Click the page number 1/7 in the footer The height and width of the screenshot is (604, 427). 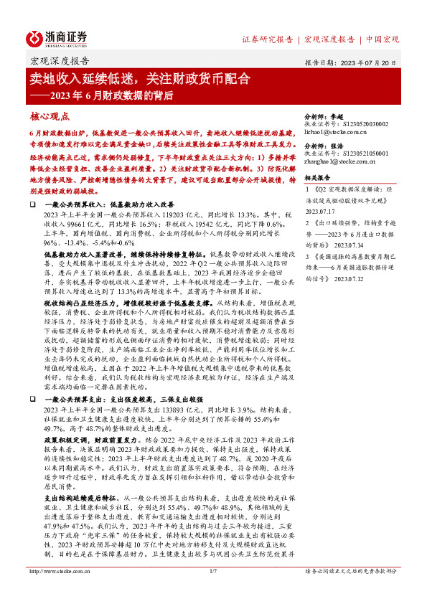[212, 591]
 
